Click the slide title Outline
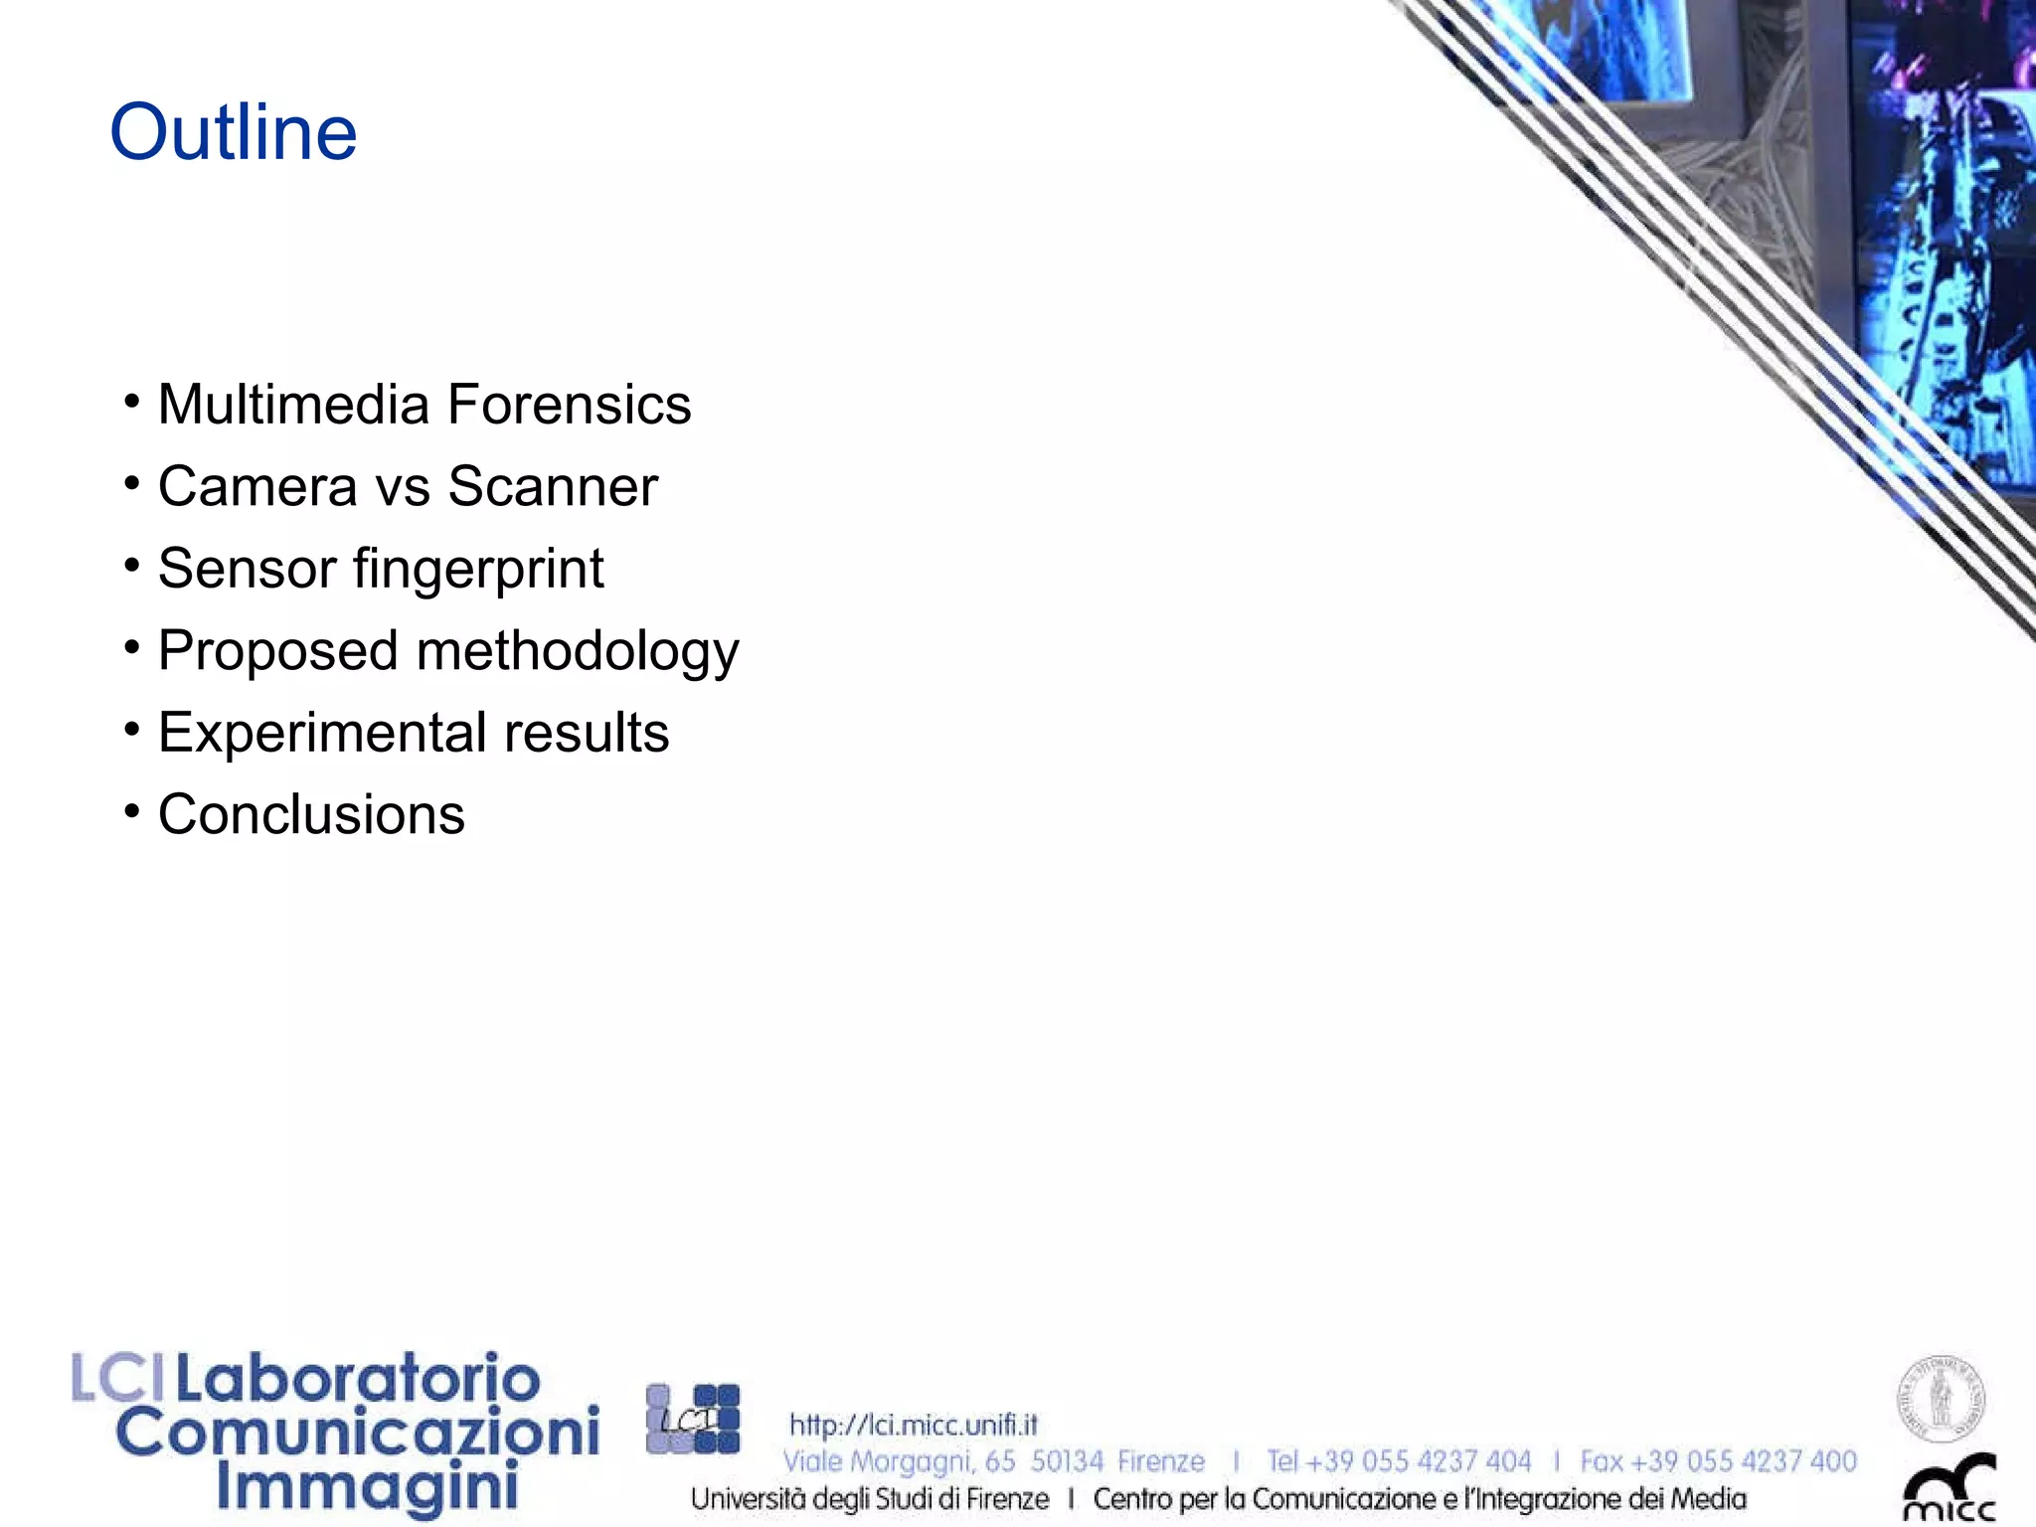(233, 132)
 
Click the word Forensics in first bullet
(569, 405)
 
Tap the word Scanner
(553, 487)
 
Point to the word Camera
(257, 487)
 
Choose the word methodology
(578, 652)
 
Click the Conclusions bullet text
(311, 815)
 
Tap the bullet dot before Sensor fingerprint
(132, 566)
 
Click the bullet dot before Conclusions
(132, 811)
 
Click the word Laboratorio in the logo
(358, 1379)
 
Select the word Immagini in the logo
(368, 1487)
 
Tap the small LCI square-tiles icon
(693, 1419)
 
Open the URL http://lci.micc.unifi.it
(913, 1425)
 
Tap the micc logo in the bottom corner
(1949, 1488)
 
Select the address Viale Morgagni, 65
(899, 1461)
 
